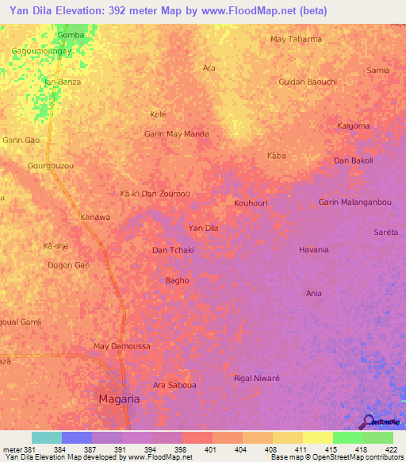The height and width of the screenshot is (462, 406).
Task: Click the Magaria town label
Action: pos(118,399)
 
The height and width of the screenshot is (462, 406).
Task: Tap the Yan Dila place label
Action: pos(203,229)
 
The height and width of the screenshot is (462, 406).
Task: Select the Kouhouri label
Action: pos(251,203)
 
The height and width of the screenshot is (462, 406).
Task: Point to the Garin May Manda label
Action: pos(176,134)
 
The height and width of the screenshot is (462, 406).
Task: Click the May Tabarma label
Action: pos(296,39)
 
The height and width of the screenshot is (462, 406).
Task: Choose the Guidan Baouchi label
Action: pos(308,82)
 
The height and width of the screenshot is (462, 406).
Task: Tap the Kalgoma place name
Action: pos(354,125)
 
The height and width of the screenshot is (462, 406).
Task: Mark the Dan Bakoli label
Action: pos(353,160)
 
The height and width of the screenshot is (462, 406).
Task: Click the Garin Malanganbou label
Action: pos(355,202)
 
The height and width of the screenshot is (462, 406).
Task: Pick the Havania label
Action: pos(313,250)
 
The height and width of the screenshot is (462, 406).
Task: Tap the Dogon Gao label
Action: pos(67,265)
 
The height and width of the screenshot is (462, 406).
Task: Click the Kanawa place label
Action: pos(95,217)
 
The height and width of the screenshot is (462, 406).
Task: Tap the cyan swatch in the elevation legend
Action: pos(46,437)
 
